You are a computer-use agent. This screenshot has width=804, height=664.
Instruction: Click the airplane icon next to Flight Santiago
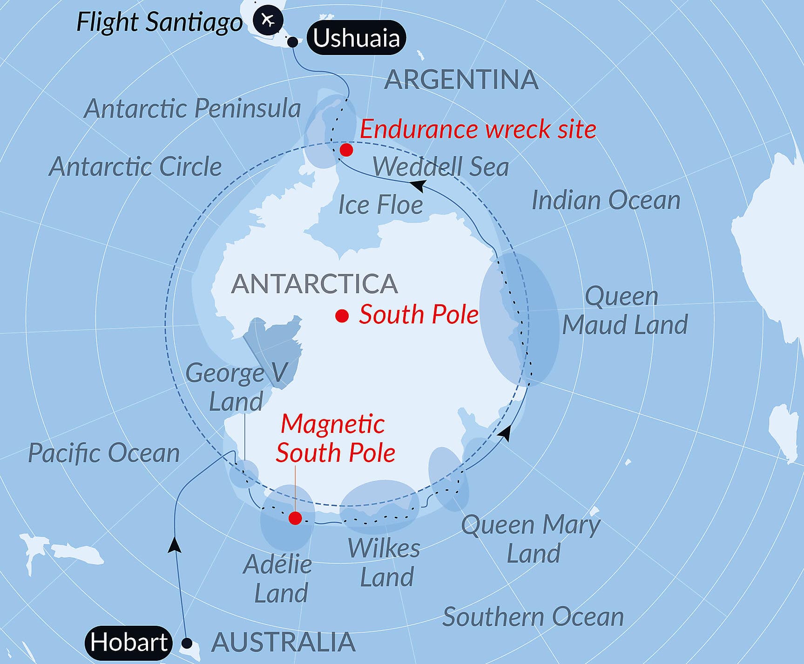(268, 20)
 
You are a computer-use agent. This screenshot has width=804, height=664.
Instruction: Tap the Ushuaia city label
(356, 38)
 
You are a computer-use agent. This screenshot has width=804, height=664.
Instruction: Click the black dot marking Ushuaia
(292, 42)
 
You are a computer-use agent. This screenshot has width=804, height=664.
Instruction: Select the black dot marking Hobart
(187, 643)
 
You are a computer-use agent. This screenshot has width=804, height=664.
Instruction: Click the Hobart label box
(129, 643)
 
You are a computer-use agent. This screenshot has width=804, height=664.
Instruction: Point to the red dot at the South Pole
(342, 316)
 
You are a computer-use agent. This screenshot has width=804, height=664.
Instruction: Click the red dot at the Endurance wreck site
(346, 150)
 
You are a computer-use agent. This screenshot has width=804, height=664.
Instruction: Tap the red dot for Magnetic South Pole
(295, 518)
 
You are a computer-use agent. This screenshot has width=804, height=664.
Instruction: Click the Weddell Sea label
(440, 166)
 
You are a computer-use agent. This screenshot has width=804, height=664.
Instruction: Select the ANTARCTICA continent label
(315, 283)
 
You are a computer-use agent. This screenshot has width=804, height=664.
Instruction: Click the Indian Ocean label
(606, 200)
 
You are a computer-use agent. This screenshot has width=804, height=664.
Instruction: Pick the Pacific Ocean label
(104, 453)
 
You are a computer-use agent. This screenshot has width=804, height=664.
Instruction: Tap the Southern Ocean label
(533, 616)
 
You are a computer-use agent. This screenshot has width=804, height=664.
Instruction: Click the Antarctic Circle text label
(135, 166)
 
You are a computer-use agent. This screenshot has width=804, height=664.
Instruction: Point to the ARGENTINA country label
(461, 79)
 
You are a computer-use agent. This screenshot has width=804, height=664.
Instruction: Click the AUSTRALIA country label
(284, 643)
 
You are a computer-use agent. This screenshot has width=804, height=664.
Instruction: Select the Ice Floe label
(380, 205)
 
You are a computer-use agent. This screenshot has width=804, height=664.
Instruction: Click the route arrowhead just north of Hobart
(175, 544)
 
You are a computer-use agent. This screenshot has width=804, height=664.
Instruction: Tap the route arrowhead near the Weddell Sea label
(418, 185)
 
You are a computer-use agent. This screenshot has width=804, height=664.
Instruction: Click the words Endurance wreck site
(478, 129)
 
